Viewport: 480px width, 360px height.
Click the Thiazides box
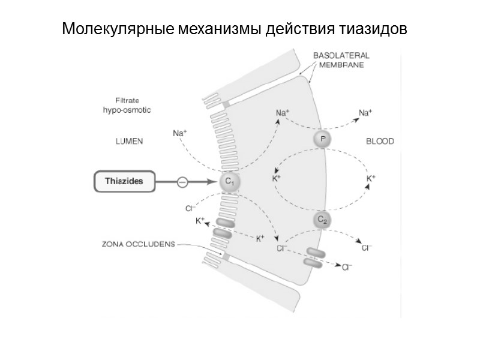[124, 181]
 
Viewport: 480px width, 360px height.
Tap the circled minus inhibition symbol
[182, 181]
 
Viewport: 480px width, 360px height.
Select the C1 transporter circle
[229, 181]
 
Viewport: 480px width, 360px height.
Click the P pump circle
[323, 140]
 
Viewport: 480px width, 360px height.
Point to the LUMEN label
[130, 142]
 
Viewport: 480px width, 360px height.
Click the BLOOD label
[380, 142]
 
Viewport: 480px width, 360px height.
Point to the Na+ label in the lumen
[180, 133]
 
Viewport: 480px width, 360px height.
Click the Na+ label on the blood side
[365, 112]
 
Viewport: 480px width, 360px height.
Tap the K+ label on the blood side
[371, 178]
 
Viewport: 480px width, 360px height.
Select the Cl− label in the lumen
[189, 208]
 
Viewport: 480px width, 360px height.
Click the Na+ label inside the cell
[283, 112]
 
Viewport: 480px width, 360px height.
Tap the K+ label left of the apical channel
[200, 221]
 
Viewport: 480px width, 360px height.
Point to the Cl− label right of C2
[367, 247]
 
